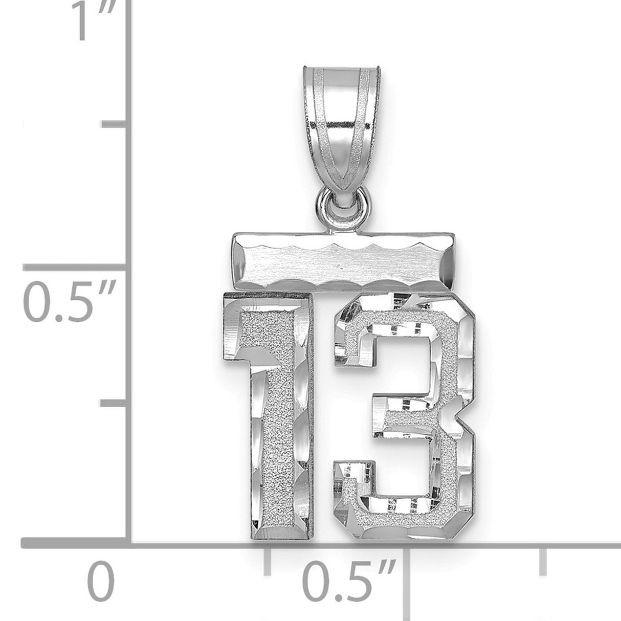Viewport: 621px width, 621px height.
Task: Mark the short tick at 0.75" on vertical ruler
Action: pyautogui.click(x=114, y=125)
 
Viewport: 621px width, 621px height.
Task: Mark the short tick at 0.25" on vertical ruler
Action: pyautogui.click(x=114, y=404)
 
